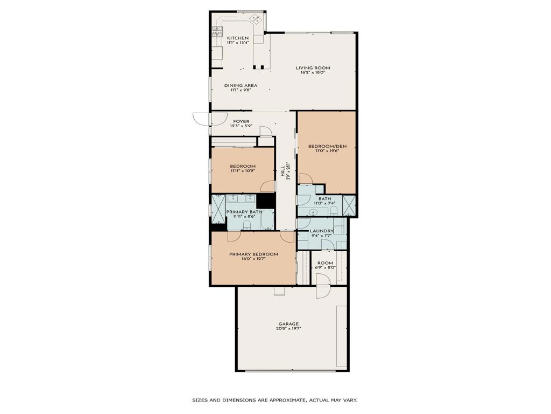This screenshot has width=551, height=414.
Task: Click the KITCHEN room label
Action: point(237,38)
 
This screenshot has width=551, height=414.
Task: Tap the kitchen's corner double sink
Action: point(256,20)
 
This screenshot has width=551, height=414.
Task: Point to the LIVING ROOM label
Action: point(313,68)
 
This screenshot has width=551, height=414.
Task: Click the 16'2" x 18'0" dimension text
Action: point(313,73)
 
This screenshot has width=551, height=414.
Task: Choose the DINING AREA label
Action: point(241,85)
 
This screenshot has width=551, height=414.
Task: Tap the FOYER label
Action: point(241,121)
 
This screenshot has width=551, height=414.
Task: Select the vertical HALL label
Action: point(282,171)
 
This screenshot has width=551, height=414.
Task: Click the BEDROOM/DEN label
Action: point(327,146)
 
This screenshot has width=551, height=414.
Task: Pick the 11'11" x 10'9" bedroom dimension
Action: point(242,171)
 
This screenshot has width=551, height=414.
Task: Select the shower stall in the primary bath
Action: point(218,209)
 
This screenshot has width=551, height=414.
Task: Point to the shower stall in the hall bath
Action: point(349,205)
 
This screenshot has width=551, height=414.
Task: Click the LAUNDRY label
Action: point(322,231)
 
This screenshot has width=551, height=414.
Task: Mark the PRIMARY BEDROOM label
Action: point(253,254)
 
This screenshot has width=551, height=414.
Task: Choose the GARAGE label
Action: point(288,324)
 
